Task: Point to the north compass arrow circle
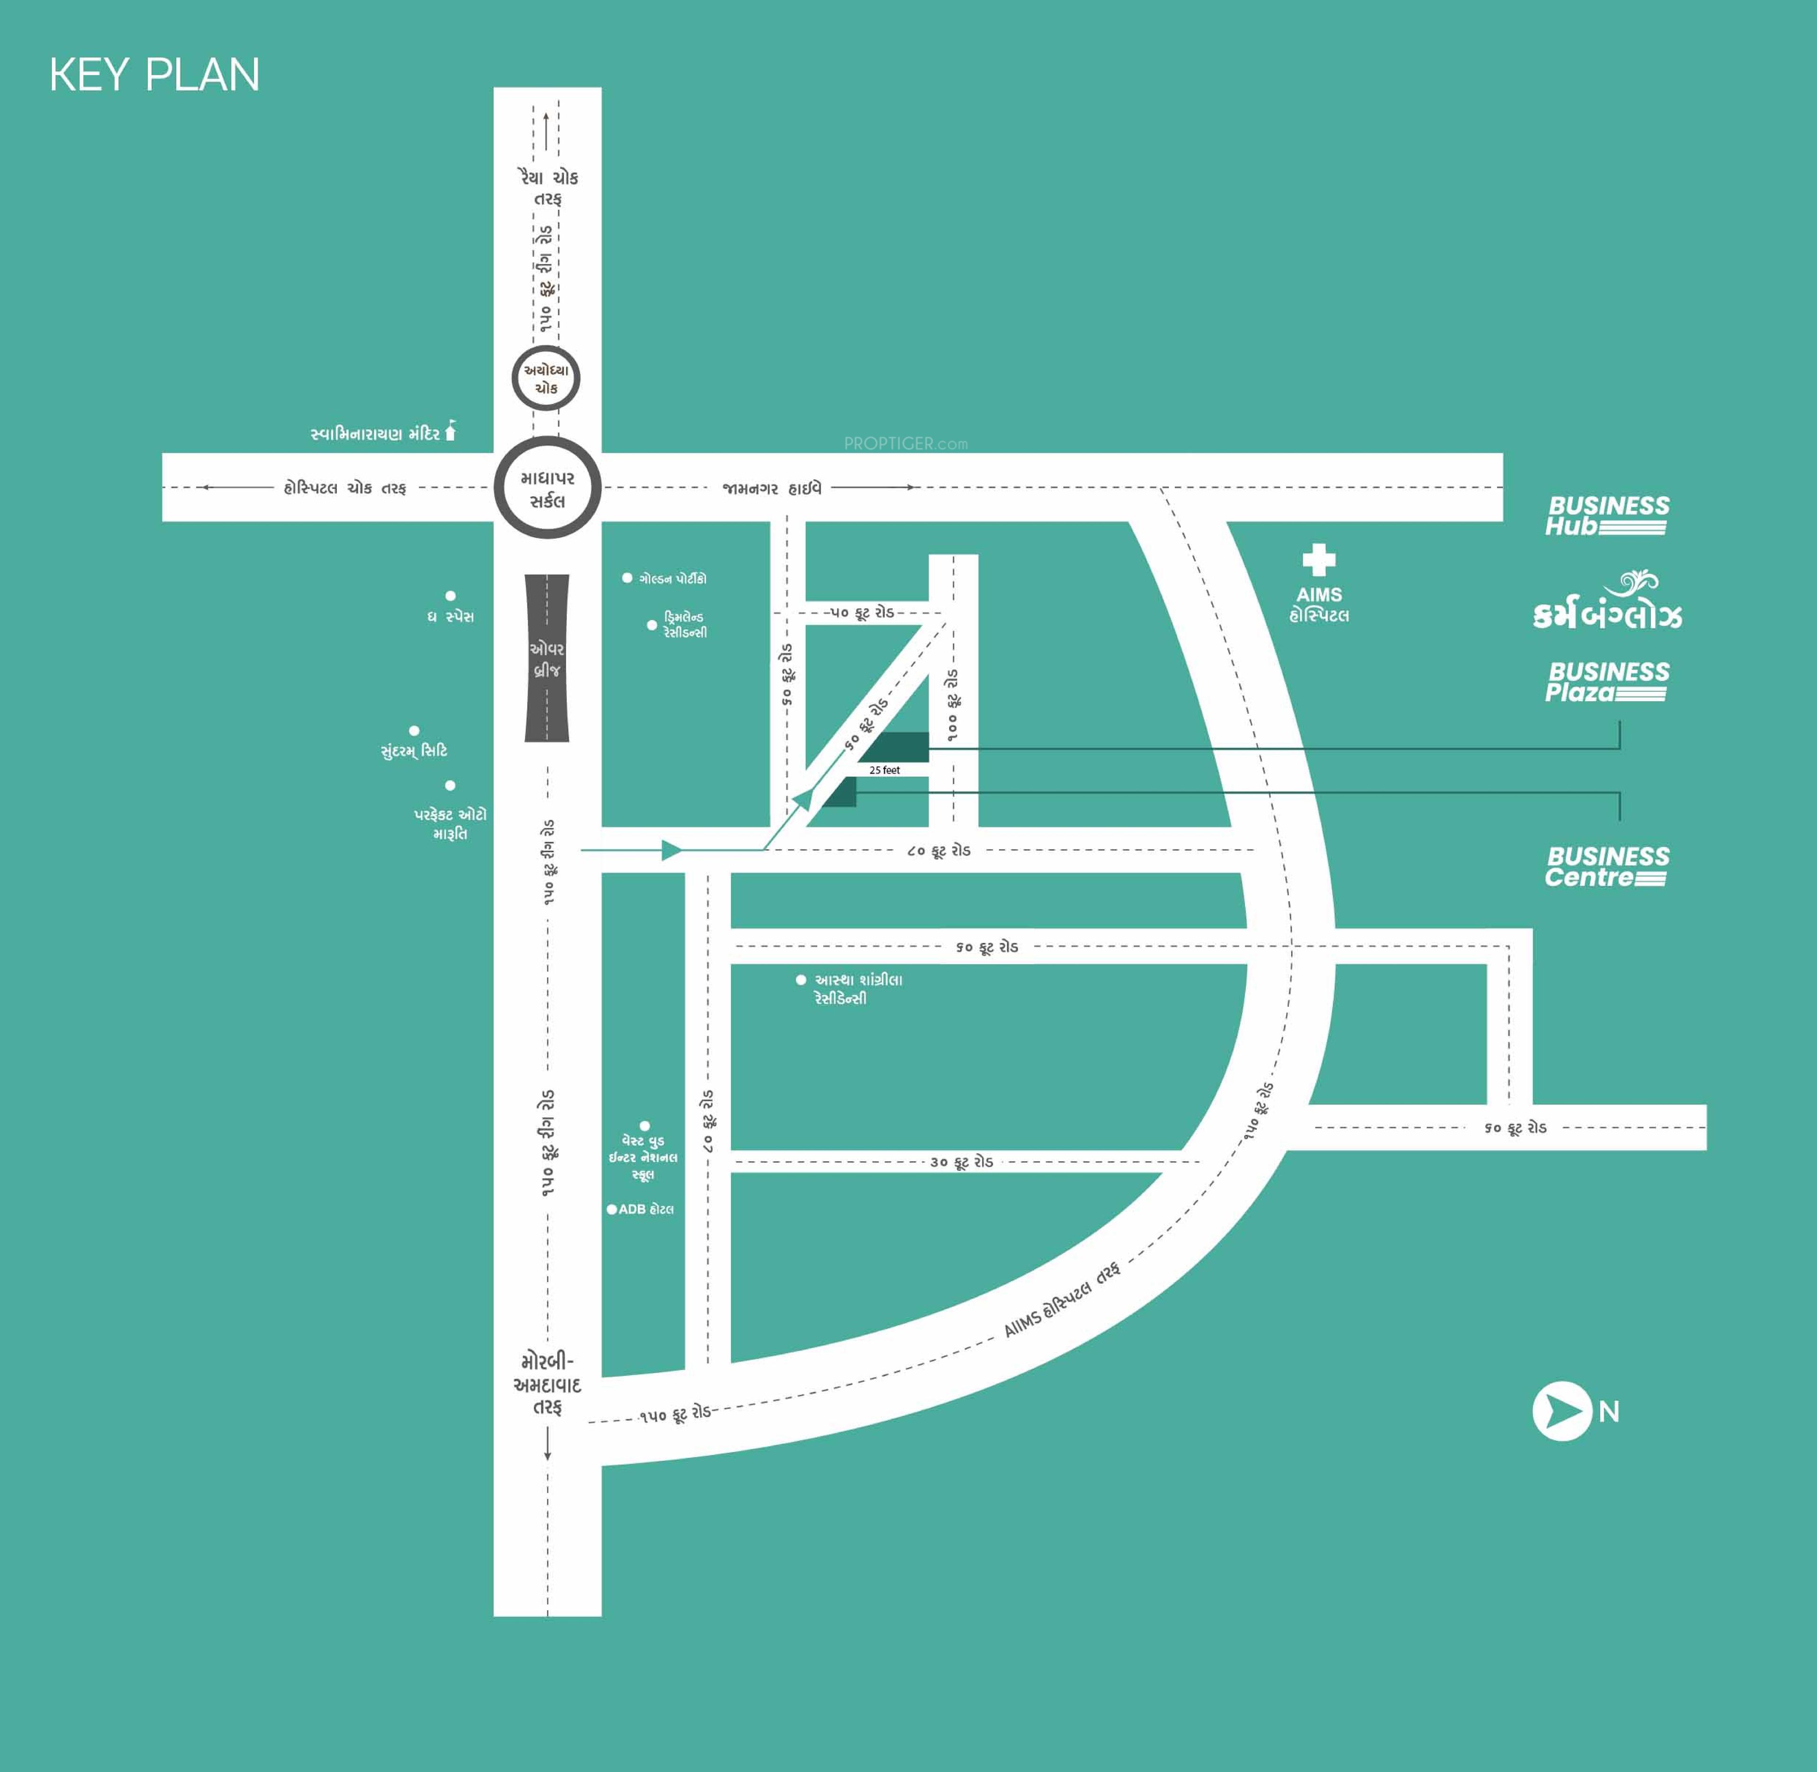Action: [x=1562, y=1411]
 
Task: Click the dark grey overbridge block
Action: [x=547, y=658]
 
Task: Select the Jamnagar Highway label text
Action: [x=772, y=488]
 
